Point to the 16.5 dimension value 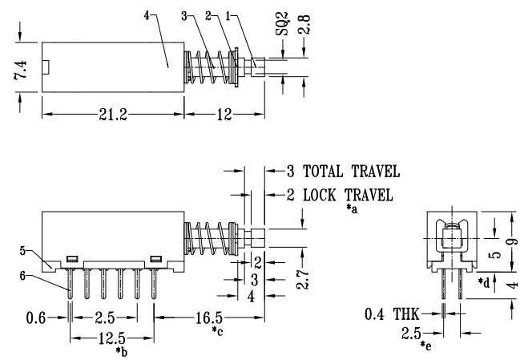pyautogui.click(x=212, y=317)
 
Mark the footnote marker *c pyautogui.click(x=216, y=330)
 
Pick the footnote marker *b pyautogui.click(x=121, y=352)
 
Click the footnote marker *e pyautogui.click(x=425, y=345)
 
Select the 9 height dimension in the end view pyautogui.click(x=511, y=241)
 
